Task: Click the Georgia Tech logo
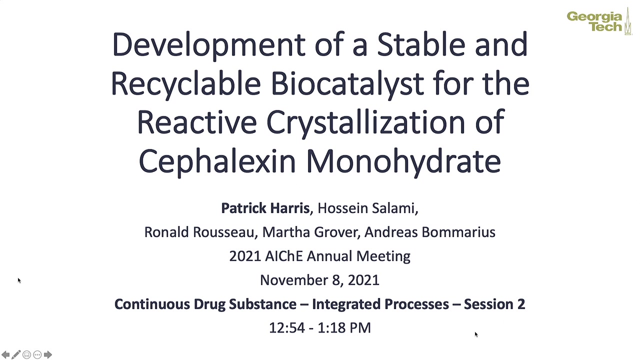(x=599, y=21)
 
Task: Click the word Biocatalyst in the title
(x=347, y=84)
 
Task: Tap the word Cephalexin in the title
(x=217, y=161)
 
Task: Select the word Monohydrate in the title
(x=403, y=161)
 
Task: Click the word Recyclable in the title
(x=185, y=84)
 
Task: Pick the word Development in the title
(x=209, y=45)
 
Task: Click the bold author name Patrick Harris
(x=265, y=208)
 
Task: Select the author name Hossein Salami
(x=366, y=208)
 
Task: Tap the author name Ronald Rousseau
(x=199, y=232)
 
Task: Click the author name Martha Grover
(x=309, y=232)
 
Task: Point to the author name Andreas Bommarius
(x=430, y=232)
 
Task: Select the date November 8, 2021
(x=319, y=280)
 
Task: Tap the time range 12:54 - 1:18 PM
(x=319, y=328)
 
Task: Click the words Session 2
(x=494, y=304)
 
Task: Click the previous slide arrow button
(x=5, y=354)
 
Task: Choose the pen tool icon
(x=16, y=354)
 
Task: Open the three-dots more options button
(x=37, y=354)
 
